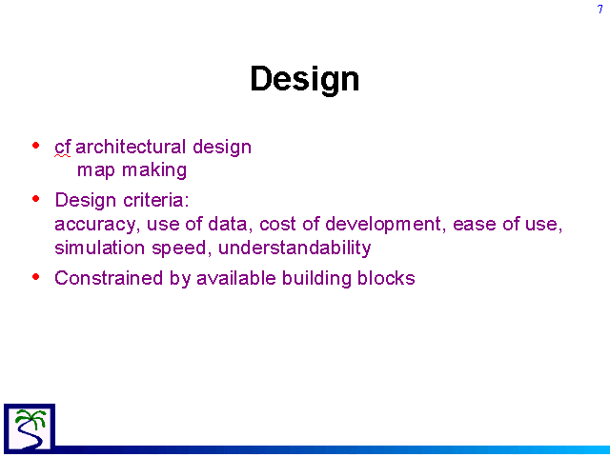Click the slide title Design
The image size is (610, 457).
pos(305,79)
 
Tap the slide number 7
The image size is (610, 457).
pos(600,9)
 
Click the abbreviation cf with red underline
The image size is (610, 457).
pos(63,148)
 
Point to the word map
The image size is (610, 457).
pos(96,171)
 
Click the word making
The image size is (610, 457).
pos(154,170)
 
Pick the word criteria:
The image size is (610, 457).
pos(156,200)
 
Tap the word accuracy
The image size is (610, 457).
pos(95,225)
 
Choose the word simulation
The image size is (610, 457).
pos(99,248)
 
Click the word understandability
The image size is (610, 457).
pos(295,248)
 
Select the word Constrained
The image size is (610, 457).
pos(109,278)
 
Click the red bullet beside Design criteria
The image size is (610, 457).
pos(36,199)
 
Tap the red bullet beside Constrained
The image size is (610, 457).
pos(36,277)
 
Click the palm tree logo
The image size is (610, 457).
pos(30,428)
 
